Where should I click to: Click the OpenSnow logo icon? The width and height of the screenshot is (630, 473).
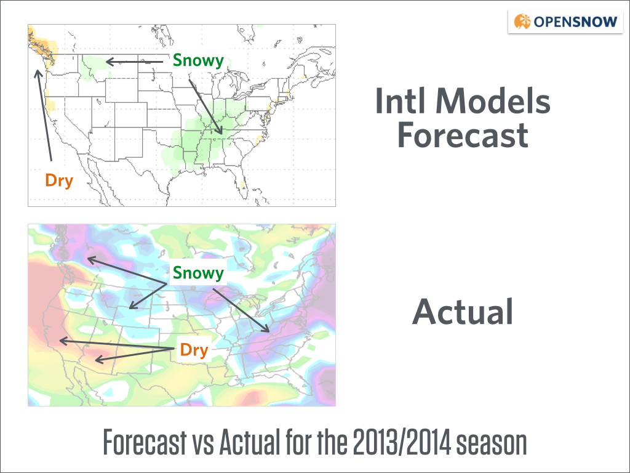click(x=522, y=22)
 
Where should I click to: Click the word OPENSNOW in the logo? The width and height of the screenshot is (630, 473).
click(x=575, y=22)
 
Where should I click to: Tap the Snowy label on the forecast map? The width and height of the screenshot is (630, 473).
click(x=198, y=60)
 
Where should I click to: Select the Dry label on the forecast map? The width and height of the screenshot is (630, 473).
click(x=59, y=180)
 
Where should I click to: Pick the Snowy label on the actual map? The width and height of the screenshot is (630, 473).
click(x=198, y=273)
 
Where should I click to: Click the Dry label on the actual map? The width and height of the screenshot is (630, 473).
click(x=194, y=350)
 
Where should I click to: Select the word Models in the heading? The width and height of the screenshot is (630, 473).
click(x=493, y=100)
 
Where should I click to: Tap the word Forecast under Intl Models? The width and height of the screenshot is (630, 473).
click(x=463, y=134)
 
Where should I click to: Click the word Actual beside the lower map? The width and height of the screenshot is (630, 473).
click(x=463, y=311)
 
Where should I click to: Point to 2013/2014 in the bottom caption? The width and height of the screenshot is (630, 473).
click(x=401, y=442)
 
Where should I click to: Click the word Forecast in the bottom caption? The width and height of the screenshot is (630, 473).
click(x=145, y=442)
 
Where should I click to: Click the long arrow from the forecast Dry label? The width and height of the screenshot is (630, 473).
click(x=44, y=116)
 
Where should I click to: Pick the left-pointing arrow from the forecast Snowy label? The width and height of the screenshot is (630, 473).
click(x=134, y=62)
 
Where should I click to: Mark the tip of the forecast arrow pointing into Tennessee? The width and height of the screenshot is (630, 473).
click(x=221, y=134)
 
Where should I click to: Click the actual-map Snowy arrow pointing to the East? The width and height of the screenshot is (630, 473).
click(x=241, y=310)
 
